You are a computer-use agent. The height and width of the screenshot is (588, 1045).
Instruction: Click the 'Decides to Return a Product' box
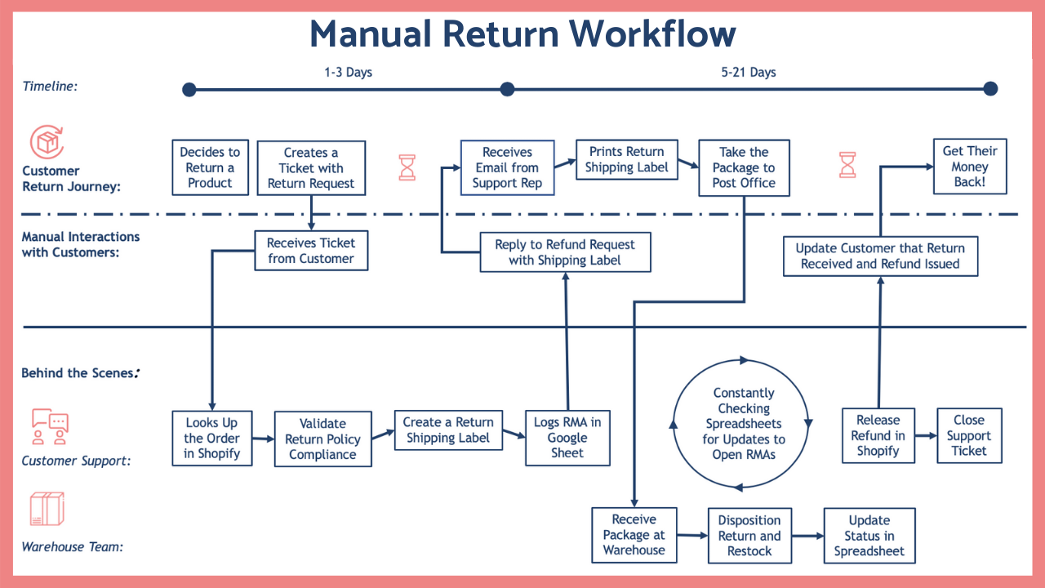(211, 167)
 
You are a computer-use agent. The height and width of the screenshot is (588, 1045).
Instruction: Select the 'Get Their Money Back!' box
(970, 167)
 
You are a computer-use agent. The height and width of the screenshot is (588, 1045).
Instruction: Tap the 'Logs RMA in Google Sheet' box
(567, 438)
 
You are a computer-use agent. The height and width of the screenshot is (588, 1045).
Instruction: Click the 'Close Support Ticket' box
(969, 435)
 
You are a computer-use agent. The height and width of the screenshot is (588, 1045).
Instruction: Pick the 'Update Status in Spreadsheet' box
(869, 536)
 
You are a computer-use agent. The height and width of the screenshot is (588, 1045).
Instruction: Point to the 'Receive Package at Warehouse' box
(634, 535)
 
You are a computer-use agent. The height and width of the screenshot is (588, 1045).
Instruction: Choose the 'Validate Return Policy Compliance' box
(322, 439)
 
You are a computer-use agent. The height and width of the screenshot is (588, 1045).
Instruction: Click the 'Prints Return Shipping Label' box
(626, 159)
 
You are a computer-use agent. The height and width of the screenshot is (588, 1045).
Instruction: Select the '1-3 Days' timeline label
(348, 72)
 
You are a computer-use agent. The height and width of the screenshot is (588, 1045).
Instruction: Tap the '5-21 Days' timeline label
(749, 72)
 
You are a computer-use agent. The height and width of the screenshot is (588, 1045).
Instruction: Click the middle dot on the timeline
(507, 89)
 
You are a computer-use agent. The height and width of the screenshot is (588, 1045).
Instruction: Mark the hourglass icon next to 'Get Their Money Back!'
(847, 165)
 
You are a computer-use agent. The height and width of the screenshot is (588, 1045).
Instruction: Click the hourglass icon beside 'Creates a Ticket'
(407, 167)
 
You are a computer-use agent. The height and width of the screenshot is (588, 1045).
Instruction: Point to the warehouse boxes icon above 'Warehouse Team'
(47, 510)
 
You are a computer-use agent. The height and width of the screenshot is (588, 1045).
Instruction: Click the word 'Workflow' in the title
(652, 33)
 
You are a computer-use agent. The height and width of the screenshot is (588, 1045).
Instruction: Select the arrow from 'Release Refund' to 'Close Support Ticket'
(925, 436)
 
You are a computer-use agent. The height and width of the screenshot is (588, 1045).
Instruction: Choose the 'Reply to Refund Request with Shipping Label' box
(565, 252)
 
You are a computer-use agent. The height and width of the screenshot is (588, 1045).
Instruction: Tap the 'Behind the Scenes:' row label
(80, 373)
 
